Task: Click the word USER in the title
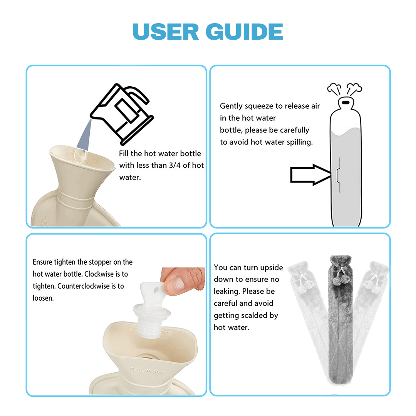click(x=166, y=32)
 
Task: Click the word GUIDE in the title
click(x=244, y=32)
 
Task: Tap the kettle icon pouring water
click(x=122, y=114)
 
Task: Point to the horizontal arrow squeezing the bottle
click(x=311, y=174)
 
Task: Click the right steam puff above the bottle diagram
click(x=354, y=89)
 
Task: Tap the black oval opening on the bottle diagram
click(x=346, y=102)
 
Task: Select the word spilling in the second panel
click(x=300, y=142)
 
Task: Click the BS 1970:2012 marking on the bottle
click(x=147, y=371)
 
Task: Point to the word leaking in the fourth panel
click(x=226, y=292)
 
